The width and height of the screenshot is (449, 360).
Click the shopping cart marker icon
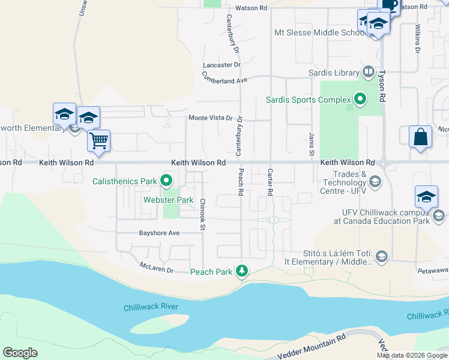(x=99, y=141)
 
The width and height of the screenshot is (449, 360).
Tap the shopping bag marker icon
(x=420, y=136)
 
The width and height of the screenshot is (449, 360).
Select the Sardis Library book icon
(x=369, y=73)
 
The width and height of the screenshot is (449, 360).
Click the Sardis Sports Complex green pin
(x=360, y=98)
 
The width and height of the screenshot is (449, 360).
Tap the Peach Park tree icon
(x=242, y=272)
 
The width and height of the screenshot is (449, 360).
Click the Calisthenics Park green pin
(x=166, y=181)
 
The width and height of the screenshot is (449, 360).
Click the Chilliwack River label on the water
(x=151, y=307)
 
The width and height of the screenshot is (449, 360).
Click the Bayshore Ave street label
(x=159, y=233)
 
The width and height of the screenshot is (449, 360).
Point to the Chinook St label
(x=203, y=214)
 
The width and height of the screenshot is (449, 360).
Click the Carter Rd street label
(x=270, y=182)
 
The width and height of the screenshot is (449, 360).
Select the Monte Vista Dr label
(x=210, y=118)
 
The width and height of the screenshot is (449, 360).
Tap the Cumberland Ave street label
(x=224, y=78)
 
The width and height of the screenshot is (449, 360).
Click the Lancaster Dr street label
(x=221, y=64)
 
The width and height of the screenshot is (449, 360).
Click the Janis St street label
(x=312, y=145)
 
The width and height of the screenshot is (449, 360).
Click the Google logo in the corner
(x=20, y=353)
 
